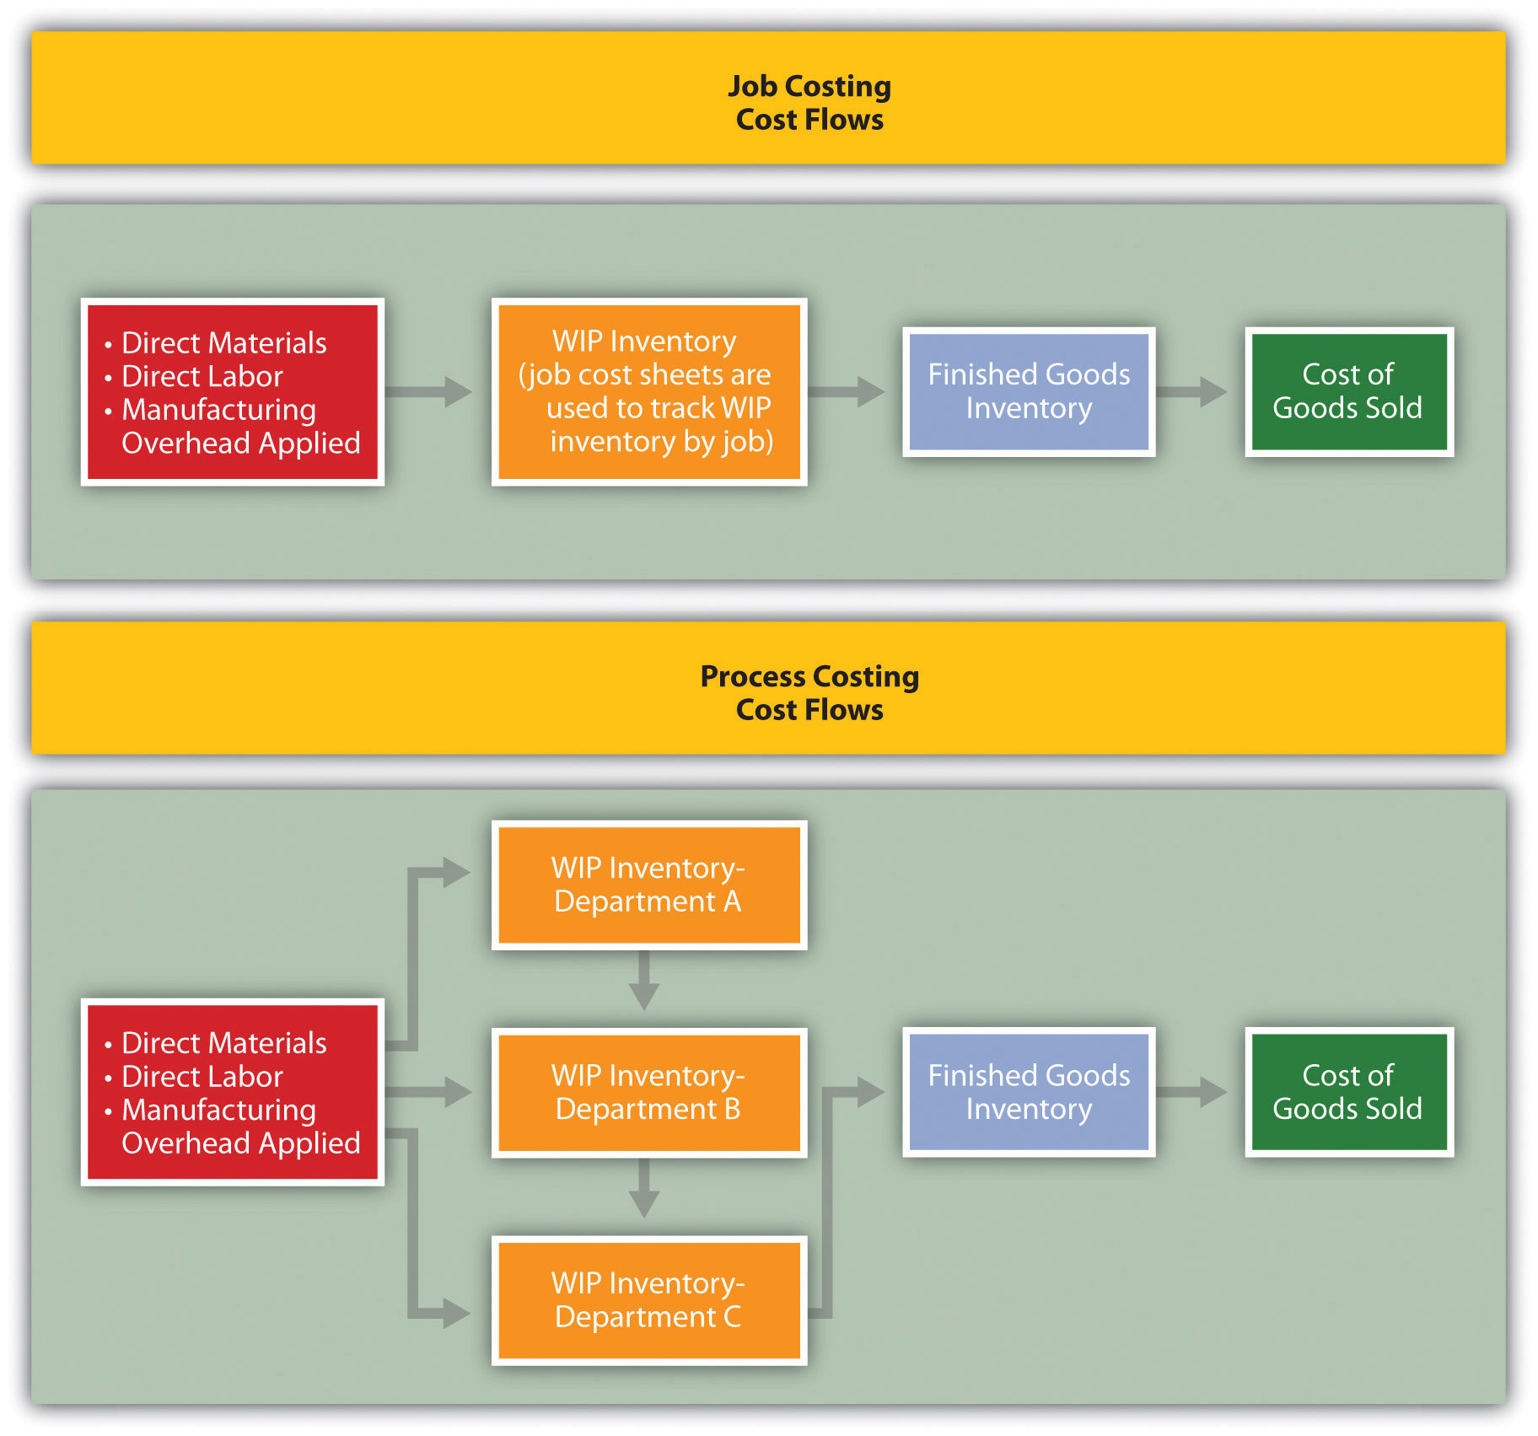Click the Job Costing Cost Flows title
click(809, 102)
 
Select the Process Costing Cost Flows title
click(809, 692)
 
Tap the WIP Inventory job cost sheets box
click(648, 391)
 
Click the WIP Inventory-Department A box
click(648, 885)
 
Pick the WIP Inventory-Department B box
click(648, 1092)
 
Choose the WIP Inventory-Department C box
click(648, 1299)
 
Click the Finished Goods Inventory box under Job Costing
click(1029, 391)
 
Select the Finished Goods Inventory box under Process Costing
click(1029, 1092)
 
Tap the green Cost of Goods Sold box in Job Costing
click(1348, 391)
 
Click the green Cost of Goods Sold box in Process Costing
click(1348, 1092)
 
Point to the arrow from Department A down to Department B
click(644, 982)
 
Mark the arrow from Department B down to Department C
click(644, 1190)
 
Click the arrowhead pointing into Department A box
click(455, 872)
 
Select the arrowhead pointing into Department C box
click(455, 1313)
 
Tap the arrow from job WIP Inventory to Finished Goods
click(847, 391)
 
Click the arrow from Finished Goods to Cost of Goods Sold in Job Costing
click(1192, 391)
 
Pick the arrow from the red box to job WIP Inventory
click(429, 391)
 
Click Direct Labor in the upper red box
click(202, 376)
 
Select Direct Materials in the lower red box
click(223, 1043)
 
